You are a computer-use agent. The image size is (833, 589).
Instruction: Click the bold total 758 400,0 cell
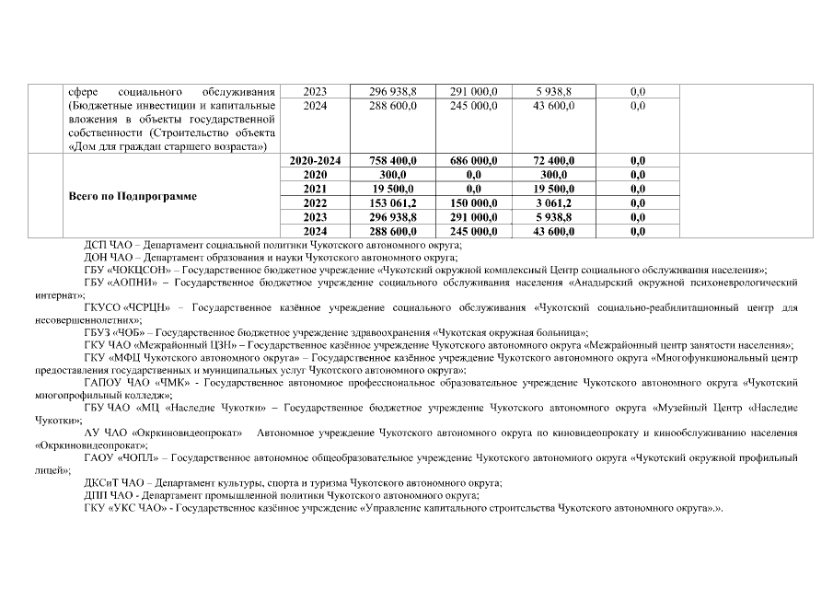393,161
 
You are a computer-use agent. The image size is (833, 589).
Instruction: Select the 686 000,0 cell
474,161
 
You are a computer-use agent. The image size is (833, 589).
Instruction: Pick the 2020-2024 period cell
315,161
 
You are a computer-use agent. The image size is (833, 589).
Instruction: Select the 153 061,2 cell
393,203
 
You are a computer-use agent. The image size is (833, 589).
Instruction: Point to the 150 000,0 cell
474,203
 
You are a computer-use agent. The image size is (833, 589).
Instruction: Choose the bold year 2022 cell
315,203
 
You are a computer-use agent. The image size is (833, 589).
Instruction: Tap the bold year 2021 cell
315,189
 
